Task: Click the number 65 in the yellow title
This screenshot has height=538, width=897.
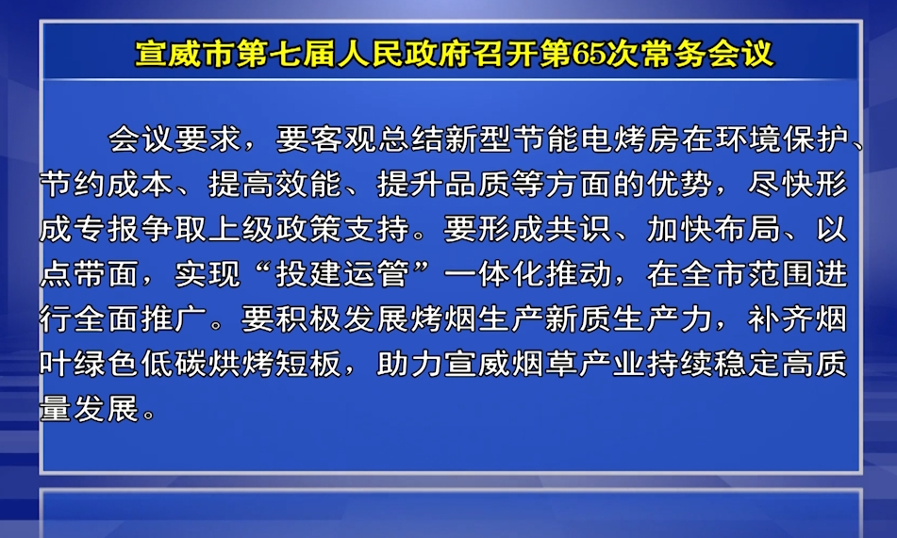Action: [590, 55]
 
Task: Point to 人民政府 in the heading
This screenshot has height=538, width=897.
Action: [404, 55]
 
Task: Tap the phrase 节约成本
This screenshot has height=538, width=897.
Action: [107, 184]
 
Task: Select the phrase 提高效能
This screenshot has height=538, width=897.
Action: [274, 184]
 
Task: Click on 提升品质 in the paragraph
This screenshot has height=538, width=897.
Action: [443, 184]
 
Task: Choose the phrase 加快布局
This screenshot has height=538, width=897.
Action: [713, 229]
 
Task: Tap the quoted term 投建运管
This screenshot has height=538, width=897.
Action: [342, 273]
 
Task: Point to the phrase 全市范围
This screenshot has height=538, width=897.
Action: [747, 273]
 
